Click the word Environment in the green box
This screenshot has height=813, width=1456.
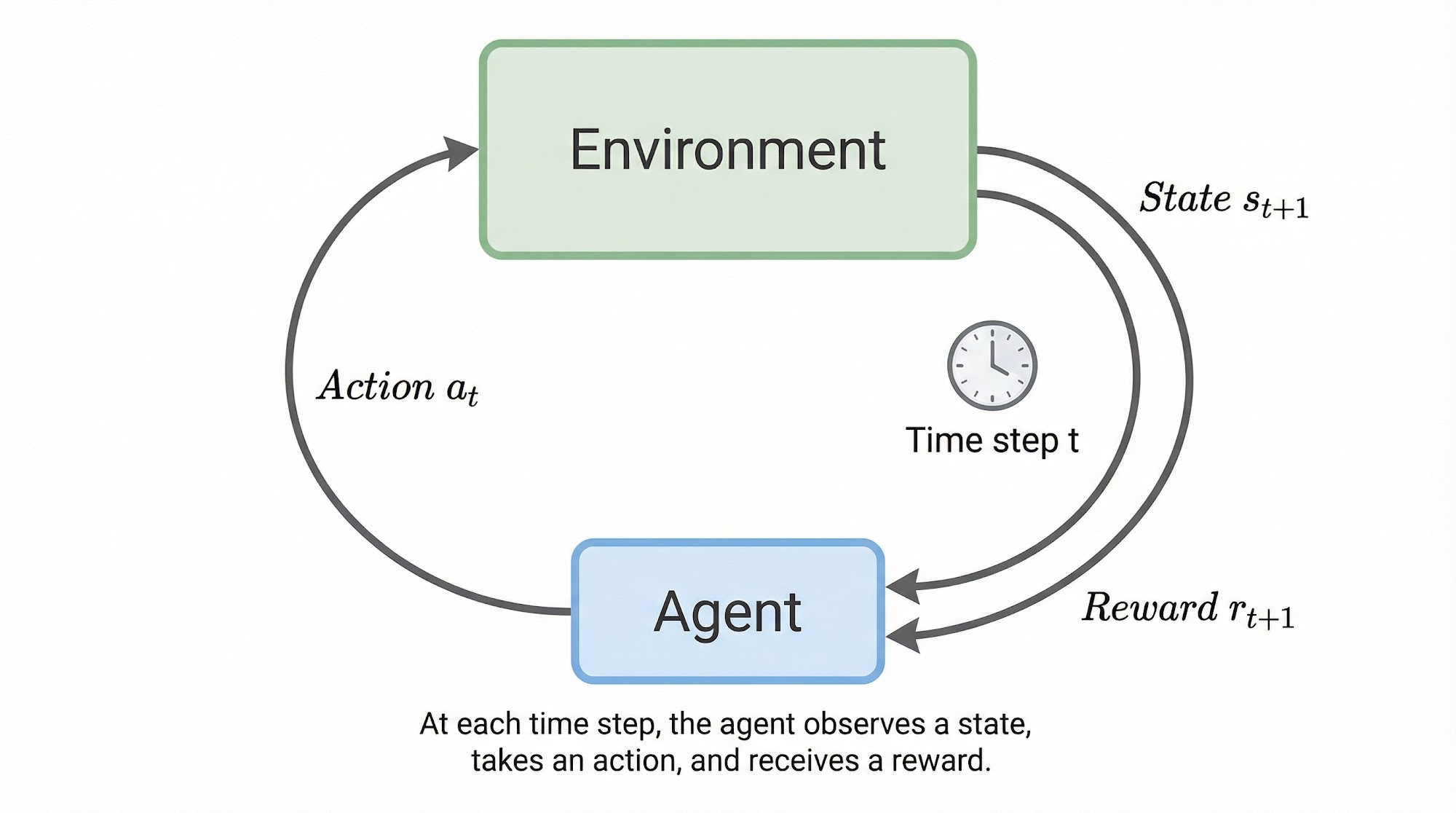click(x=727, y=149)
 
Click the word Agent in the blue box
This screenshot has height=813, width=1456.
click(x=727, y=612)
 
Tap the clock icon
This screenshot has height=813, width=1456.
click(x=992, y=365)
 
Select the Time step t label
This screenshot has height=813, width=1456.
click(x=992, y=441)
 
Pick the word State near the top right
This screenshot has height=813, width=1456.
click(x=1185, y=197)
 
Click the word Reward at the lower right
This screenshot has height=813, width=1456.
click(x=1150, y=607)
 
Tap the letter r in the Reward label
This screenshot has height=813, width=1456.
click(x=1237, y=610)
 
